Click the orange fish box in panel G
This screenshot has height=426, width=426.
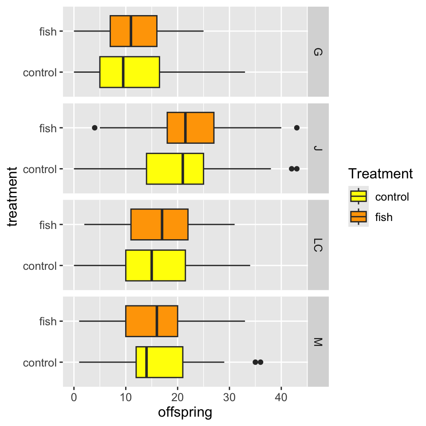134,31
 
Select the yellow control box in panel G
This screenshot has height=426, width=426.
130,72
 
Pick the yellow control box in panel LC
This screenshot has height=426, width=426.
155,265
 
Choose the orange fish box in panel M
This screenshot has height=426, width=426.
152,321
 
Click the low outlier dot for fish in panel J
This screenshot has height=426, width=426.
95,128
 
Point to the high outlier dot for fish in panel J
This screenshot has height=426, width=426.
297,128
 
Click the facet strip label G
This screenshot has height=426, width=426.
318,52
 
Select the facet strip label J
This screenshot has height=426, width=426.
318,148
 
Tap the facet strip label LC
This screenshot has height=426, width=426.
318,245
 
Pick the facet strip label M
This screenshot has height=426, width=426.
318,342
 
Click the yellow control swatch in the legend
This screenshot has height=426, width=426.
359,196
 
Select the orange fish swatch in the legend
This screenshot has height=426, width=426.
359,217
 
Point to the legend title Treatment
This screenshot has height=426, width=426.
381,174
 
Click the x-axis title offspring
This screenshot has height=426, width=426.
185,412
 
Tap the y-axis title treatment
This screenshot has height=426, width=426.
13,197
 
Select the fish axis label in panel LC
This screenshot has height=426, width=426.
48,225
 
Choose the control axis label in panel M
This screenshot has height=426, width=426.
40,363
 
